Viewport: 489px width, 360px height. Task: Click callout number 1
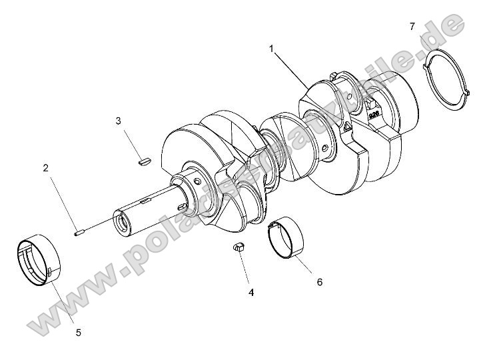pos(271,48)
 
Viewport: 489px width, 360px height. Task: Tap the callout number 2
pos(46,168)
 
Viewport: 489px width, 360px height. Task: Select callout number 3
pos(118,121)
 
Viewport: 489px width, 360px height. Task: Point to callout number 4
pos(250,292)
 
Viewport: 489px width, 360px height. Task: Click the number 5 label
pos(78,331)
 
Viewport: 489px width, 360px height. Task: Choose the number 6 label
pos(319,282)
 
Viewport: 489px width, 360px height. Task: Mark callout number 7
pos(412,26)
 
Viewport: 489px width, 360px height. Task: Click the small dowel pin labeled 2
pos(77,232)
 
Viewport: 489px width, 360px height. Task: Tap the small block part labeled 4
pos(238,247)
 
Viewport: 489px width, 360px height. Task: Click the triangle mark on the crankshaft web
pos(347,126)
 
